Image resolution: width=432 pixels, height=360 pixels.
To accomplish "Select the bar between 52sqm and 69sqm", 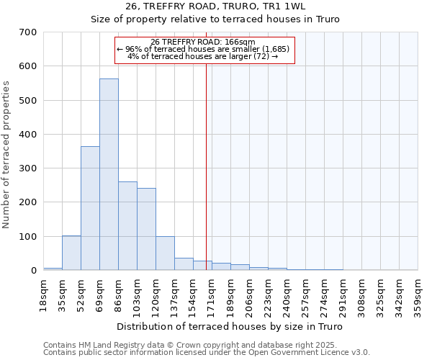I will pos(90,208).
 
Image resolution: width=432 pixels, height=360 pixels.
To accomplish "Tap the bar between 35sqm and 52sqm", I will pos(71,253).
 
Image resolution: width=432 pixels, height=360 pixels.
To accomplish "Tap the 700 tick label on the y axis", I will pos(28,32).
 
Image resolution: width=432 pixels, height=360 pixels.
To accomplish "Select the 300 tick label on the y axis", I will pos(28,168).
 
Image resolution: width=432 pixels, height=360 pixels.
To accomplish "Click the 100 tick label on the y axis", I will pos(28,236).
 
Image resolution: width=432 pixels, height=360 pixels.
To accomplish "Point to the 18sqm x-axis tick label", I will pos(44,292).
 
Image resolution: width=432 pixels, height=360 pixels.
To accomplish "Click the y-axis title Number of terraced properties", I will pos(6,155).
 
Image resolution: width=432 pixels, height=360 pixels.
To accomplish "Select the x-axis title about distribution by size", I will pos(230,327).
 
